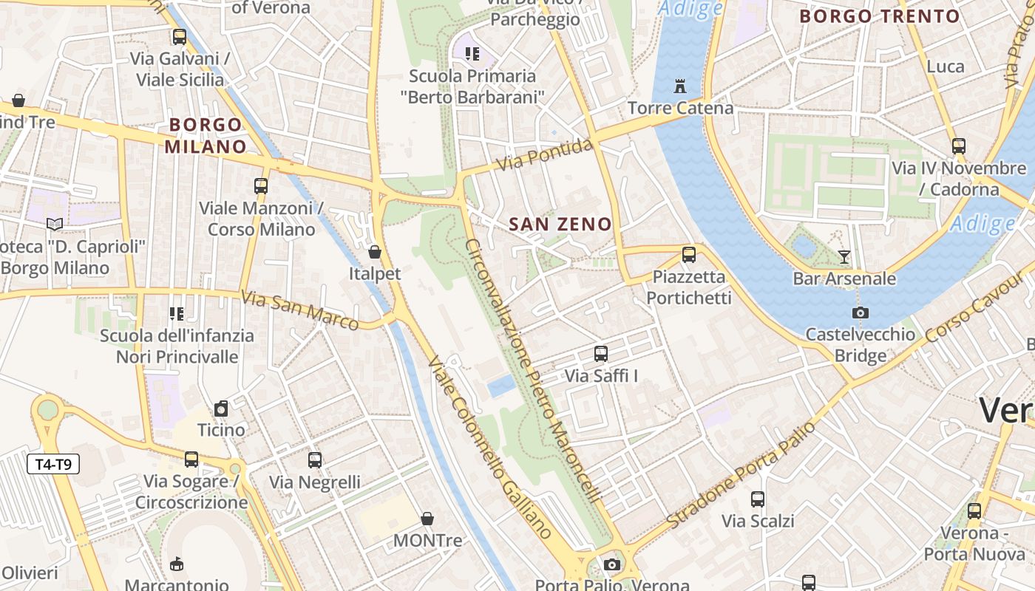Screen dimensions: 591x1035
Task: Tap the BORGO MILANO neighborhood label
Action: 205,135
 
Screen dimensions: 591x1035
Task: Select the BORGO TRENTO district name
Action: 880,16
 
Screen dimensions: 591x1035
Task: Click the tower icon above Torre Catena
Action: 680,86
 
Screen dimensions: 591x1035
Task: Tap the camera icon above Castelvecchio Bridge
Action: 860,312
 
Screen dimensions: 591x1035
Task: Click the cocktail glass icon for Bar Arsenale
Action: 844,257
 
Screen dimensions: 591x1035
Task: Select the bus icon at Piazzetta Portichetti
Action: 689,255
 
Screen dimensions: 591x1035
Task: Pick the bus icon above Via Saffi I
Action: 601,354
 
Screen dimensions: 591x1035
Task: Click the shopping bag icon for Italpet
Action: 375,252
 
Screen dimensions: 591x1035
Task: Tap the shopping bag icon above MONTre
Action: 427,519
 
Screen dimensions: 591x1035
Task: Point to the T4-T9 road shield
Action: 53,464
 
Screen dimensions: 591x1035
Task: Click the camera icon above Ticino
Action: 221,409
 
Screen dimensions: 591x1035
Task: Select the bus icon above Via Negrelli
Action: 315,460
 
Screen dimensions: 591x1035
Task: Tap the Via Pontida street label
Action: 545,154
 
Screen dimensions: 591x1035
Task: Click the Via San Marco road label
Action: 299,310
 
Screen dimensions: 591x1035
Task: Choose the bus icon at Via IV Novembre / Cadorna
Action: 959,146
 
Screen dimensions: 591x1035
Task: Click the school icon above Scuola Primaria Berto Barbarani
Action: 472,53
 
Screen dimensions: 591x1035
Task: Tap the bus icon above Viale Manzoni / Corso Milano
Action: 261,185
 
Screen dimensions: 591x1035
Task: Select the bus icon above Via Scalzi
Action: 758,499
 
